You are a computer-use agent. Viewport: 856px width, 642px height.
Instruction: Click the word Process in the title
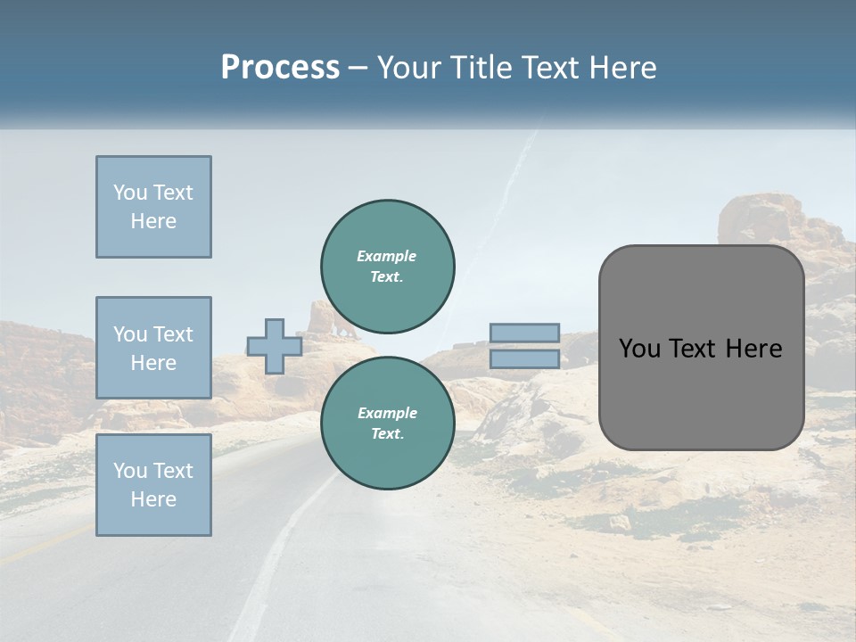click(x=280, y=67)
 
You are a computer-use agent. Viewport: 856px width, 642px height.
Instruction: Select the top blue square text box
click(x=153, y=207)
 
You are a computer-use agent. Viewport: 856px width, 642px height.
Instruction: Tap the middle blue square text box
click(x=153, y=348)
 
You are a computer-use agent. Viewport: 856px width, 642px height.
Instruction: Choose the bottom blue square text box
click(x=153, y=485)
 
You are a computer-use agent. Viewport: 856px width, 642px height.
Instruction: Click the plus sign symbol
click(x=274, y=346)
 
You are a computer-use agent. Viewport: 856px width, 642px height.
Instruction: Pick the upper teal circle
click(x=387, y=266)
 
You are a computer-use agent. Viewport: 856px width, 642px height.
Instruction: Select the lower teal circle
click(x=387, y=423)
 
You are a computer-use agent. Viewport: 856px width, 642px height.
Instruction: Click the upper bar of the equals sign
click(x=524, y=333)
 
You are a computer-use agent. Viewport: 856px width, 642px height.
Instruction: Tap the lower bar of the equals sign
click(x=524, y=358)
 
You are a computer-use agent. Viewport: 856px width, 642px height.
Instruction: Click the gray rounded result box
click(x=701, y=348)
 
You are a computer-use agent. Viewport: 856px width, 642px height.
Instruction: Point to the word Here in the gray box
click(x=754, y=349)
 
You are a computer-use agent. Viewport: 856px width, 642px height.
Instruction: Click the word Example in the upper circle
click(x=387, y=256)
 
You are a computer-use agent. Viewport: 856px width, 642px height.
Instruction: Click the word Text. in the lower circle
click(x=387, y=433)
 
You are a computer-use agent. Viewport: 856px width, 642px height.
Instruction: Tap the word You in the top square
click(x=130, y=193)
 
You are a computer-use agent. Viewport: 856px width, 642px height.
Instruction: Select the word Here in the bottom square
click(x=153, y=499)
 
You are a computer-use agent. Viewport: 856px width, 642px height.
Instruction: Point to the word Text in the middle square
click(x=173, y=334)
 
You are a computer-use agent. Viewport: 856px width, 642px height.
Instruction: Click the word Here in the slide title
click(x=623, y=68)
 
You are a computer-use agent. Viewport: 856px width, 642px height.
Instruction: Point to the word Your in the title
click(x=409, y=68)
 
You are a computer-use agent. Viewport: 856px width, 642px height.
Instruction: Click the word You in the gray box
click(x=639, y=349)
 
